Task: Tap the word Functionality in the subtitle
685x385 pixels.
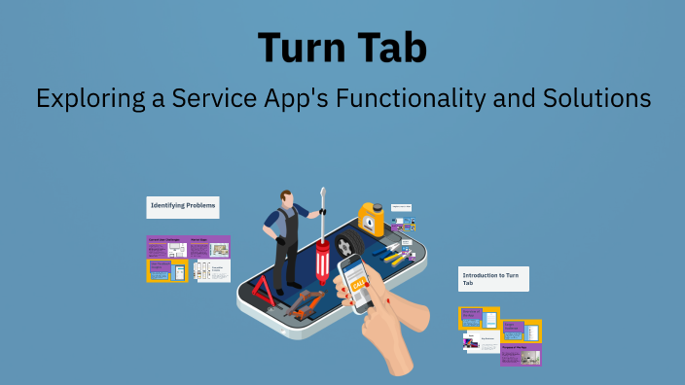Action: pos(404,98)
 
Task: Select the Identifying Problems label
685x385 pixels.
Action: pos(182,207)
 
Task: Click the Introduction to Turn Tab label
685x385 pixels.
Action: pos(493,279)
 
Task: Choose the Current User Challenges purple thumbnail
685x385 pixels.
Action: pos(165,247)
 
